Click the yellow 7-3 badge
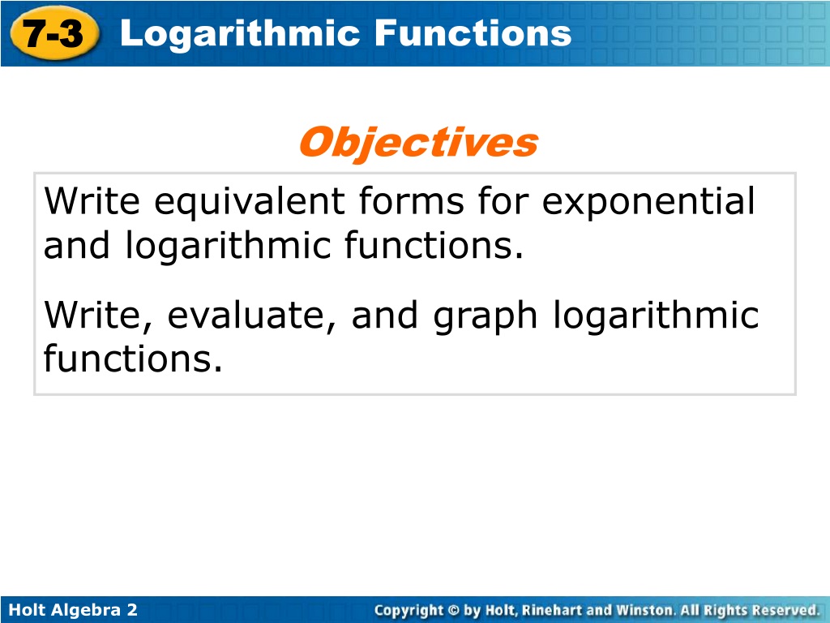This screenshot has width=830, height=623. point(54,32)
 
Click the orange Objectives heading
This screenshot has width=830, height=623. point(418,143)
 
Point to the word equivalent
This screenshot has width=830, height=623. point(250,202)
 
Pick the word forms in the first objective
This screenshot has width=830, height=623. point(411,201)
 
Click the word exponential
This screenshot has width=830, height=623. point(648,202)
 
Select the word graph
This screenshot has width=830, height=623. point(485,316)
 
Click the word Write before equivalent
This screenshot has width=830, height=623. point(92,201)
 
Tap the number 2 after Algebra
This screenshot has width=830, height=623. point(132,610)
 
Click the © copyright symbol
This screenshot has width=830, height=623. point(454,610)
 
